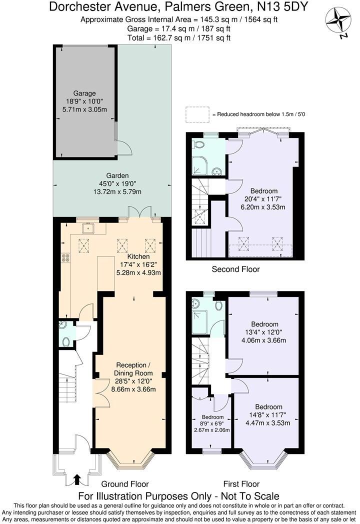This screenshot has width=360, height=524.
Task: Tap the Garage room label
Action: click(84, 93)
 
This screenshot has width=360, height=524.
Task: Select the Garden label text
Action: click(117, 175)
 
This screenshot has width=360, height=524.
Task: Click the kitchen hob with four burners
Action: click(65, 258)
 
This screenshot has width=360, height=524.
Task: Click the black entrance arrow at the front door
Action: click(76, 480)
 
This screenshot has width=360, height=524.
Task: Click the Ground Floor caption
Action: click(124, 484)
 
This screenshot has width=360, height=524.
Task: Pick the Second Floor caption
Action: click(235, 269)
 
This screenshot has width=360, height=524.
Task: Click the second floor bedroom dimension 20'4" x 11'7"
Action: click(264, 199)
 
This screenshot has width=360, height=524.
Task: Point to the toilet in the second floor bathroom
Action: click(199, 145)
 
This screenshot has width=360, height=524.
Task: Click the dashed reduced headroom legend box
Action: click(197, 114)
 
